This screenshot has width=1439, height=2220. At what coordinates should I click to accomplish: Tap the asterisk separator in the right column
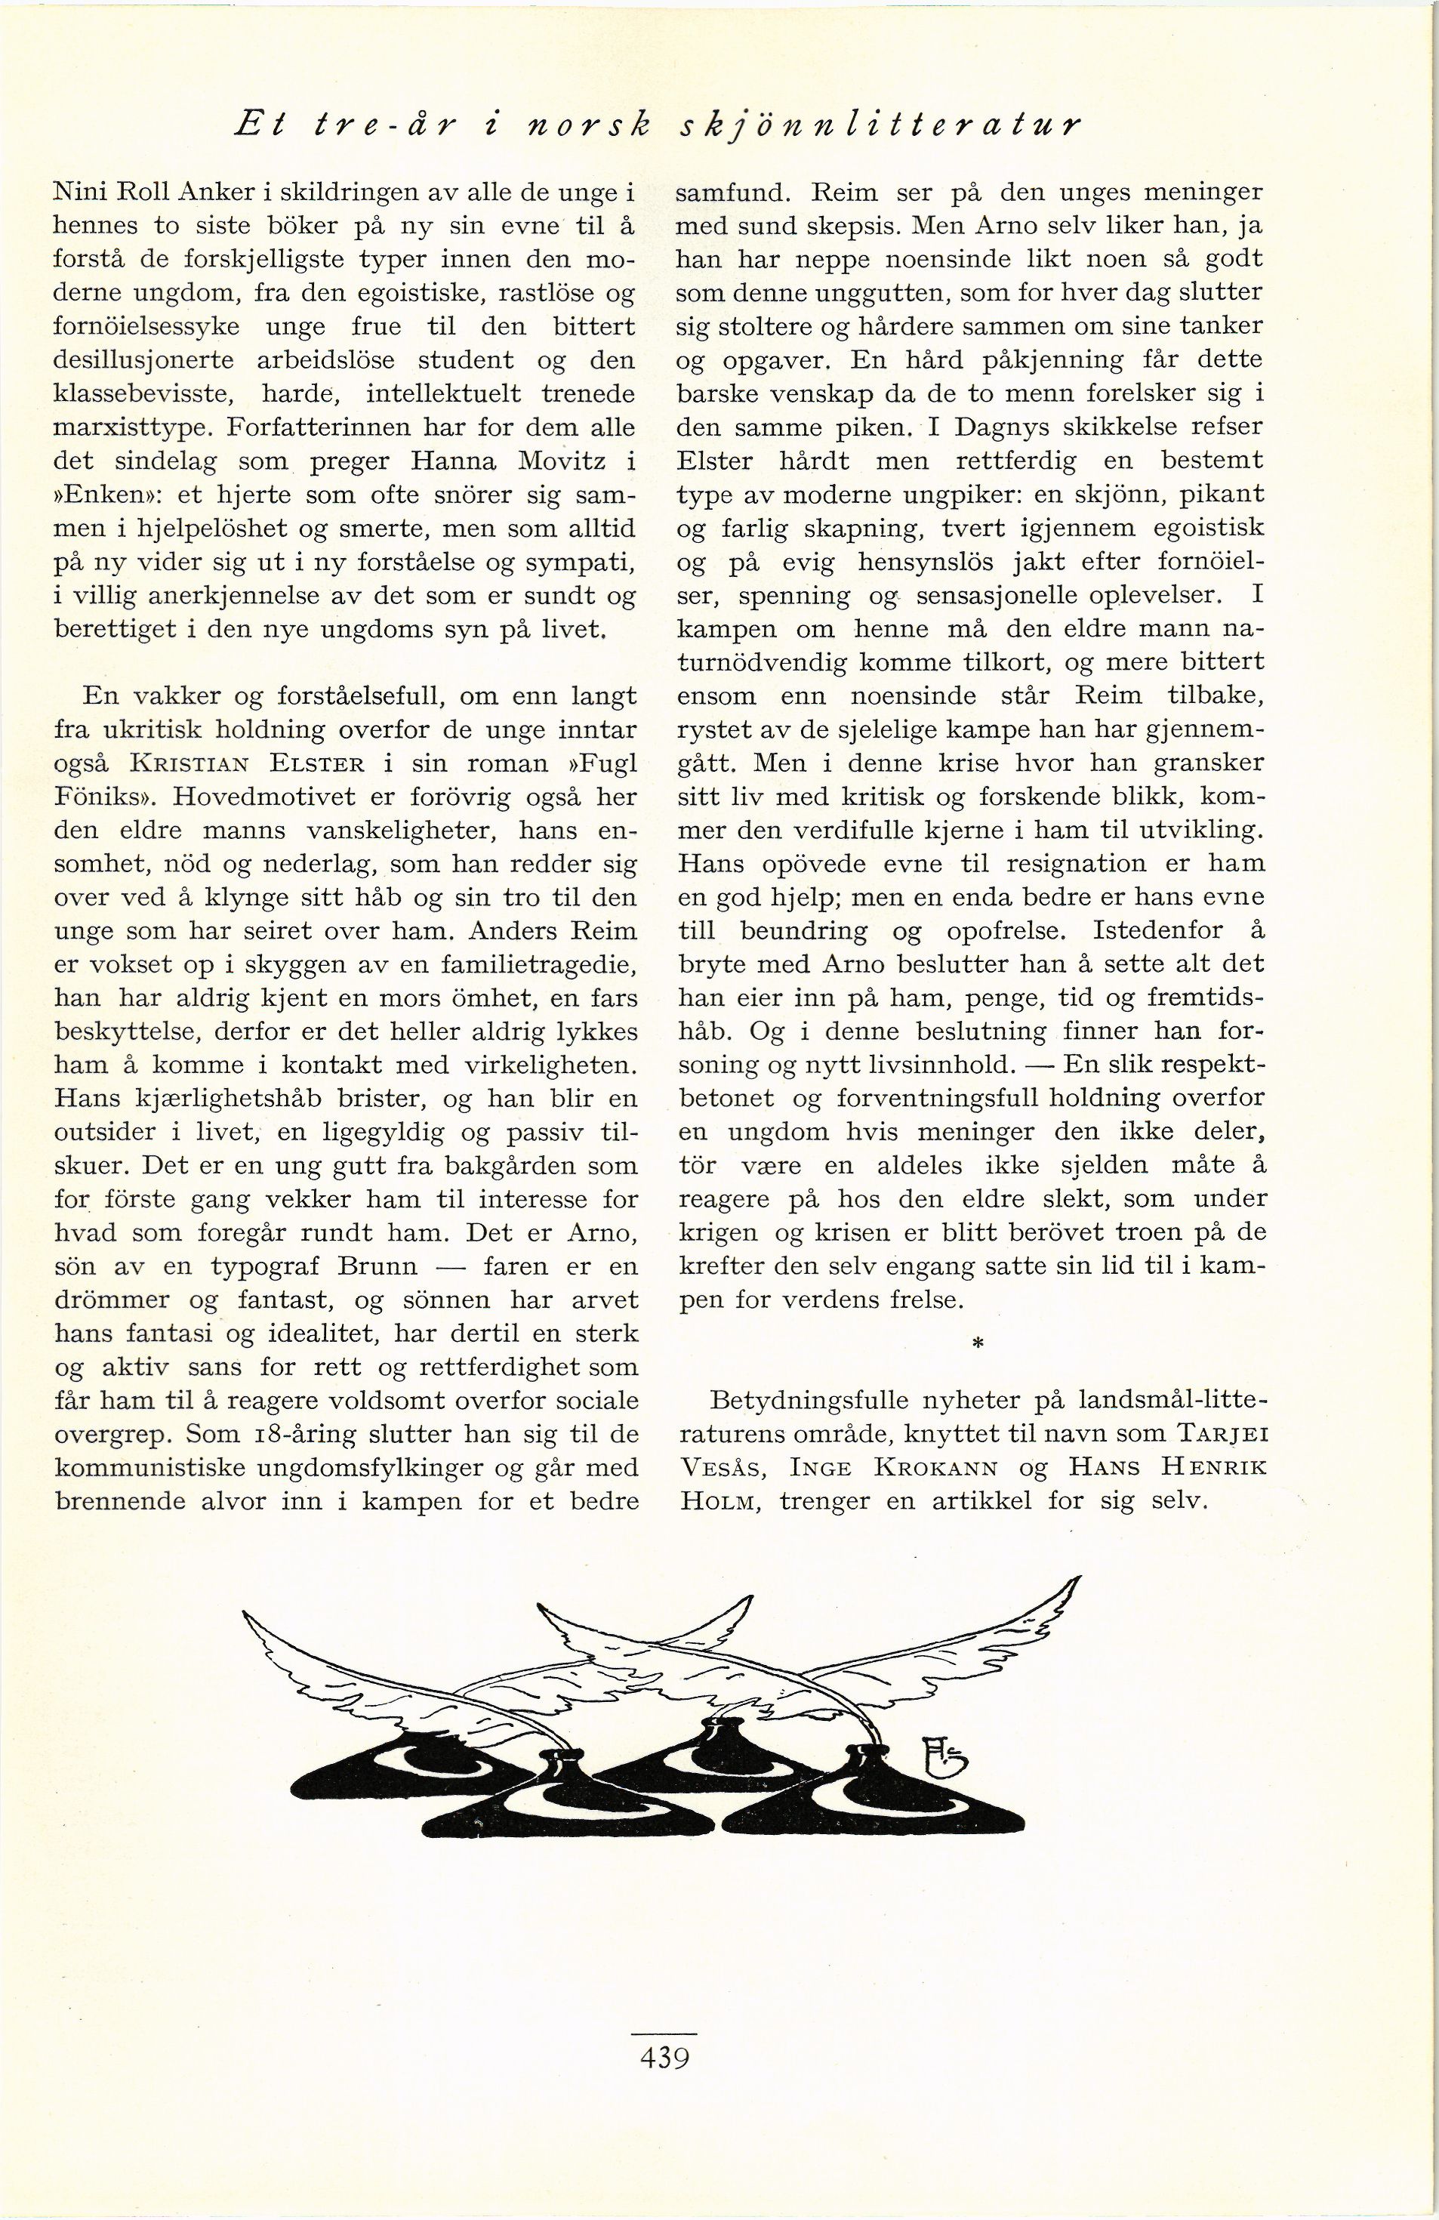pos(978,1344)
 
